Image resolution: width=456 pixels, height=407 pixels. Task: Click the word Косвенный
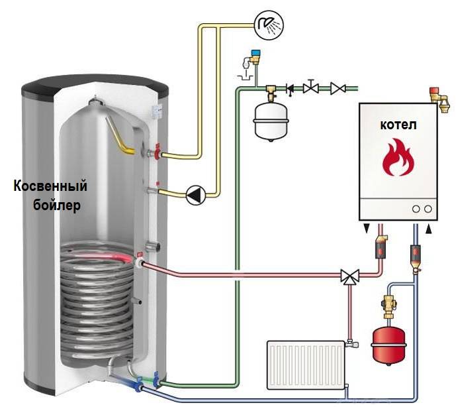[50, 186]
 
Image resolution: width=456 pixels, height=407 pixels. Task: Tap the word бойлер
[57, 205]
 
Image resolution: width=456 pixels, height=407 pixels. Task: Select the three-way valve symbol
[348, 276]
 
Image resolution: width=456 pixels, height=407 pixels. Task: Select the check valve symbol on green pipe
[290, 87]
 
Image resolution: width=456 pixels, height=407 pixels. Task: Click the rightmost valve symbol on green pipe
[338, 87]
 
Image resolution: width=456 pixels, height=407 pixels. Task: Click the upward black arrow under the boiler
[428, 229]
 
